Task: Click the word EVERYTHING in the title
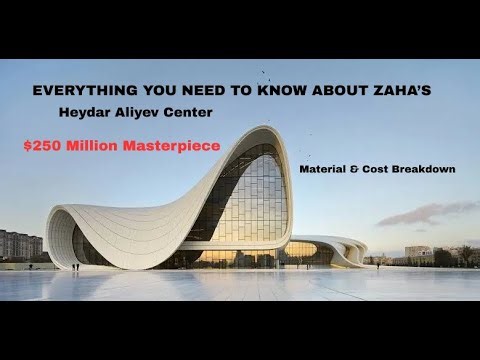pyautogui.click(x=74, y=90)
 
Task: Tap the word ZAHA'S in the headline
pyautogui.click(x=398, y=90)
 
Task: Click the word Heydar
pyautogui.click(x=113, y=115)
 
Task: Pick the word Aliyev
pyautogui.click(x=164, y=115)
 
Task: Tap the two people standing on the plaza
pyautogui.click(x=75, y=267)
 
